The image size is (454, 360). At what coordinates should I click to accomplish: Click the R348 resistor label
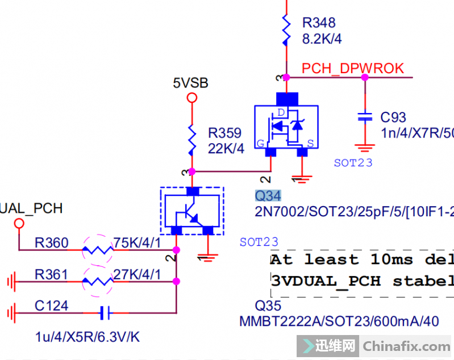click(x=319, y=23)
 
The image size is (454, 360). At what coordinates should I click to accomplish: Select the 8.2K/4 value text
click(x=322, y=39)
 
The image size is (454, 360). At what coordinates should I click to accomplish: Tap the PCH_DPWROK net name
click(x=353, y=69)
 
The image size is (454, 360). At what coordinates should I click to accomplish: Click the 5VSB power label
click(x=191, y=83)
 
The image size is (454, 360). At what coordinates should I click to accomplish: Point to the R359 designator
click(x=224, y=133)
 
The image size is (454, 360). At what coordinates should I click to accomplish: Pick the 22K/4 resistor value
click(x=226, y=149)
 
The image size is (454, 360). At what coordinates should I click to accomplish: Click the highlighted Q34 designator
click(x=268, y=196)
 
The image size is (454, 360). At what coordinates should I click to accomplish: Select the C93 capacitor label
click(x=393, y=118)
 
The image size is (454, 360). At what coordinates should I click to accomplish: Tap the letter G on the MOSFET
click(x=260, y=144)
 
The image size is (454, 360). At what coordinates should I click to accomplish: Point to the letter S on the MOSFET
click(x=310, y=144)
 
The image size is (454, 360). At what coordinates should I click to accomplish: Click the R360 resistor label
click(x=51, y=244)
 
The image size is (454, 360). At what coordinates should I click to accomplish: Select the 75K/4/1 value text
click(x=136, y=244)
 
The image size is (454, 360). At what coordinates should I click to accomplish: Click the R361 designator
click(x=51, y=275)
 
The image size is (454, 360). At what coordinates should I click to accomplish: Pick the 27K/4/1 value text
click(x=136, y=275)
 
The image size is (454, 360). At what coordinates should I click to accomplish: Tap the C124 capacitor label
click(x=51, y=306)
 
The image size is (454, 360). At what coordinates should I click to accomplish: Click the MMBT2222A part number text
click(x=275, y=321)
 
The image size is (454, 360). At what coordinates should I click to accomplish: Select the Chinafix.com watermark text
click(x=406, y=346)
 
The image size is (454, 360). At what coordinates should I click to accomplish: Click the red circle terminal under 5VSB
click(x=192, y=98)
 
